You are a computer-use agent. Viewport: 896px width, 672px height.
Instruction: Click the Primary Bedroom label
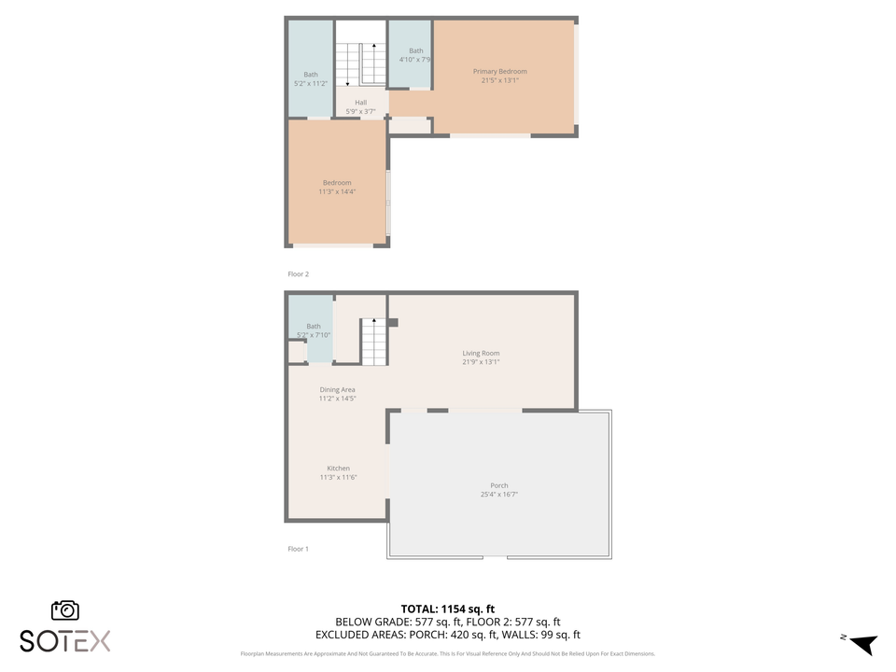point(499,72)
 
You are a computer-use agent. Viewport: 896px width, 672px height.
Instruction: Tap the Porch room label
point(499,485)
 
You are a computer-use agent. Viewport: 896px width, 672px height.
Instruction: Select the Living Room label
point(481,353)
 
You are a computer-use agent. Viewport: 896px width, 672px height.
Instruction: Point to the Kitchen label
point(338,469)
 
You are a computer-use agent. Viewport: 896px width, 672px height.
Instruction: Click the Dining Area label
point(337,389)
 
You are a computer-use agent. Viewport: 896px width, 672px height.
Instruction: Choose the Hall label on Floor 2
point(360,103)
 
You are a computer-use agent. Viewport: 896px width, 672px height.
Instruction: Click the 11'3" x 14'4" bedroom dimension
point(337,191)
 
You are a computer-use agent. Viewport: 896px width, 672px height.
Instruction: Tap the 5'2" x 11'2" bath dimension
point(311,84)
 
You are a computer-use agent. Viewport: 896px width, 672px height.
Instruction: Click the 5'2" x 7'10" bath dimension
point(314,334)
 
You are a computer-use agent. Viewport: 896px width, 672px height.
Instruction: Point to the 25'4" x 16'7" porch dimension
point(499,495)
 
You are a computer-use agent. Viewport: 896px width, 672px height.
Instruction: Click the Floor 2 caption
point(298,274)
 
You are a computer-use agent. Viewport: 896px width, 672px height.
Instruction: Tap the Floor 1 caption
point(298,549)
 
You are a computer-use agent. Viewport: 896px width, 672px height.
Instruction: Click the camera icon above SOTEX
point(65,610)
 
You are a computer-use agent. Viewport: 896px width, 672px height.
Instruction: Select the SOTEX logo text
point(65,641)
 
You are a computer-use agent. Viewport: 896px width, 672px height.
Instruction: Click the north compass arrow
point(863,643)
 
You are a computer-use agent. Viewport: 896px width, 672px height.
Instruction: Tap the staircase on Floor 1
point(373,343)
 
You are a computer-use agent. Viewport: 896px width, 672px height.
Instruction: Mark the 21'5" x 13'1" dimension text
point(499,81)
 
